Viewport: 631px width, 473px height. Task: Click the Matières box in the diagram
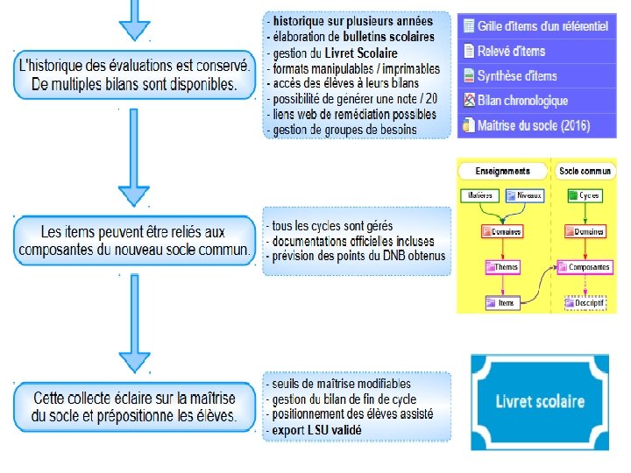pos(479,195)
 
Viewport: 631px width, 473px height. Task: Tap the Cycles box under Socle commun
pos(585,195)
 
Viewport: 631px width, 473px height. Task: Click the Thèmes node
pos(503,266)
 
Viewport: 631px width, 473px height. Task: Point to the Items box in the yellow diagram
pos(502,302)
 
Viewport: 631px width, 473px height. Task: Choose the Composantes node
pos(585,266)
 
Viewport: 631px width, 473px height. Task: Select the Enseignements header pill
pos(502,170)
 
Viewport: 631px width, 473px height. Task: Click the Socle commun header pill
pos(585,170)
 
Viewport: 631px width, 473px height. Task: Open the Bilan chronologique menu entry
pos(522,101)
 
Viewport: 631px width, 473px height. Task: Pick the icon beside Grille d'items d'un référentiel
pos(469,26)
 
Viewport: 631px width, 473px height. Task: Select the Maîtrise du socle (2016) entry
pos(533,125)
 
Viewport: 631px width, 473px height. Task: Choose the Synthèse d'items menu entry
pos(517,76)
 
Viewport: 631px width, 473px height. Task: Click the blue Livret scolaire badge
pos(540,401)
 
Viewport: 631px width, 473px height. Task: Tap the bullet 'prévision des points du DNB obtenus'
pos(358,256)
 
